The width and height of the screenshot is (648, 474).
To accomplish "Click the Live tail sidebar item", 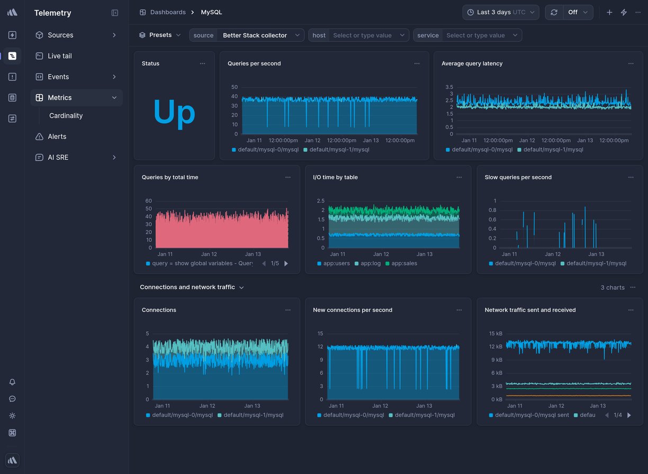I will point(59,56).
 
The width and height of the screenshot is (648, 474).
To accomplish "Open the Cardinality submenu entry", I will point(66,116).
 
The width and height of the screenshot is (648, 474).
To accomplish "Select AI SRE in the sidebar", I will point(58,158).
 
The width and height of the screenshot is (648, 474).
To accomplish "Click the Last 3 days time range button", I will point(500,12).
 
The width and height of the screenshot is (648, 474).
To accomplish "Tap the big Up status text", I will point(174,112).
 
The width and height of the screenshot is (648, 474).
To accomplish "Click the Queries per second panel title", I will point(254,63).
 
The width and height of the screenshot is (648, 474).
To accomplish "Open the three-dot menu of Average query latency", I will point(631,63).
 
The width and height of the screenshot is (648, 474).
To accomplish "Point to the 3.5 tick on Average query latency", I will point(449,87).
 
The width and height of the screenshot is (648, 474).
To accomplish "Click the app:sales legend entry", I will point(404,263).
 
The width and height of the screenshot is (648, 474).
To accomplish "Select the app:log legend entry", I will point(370,263).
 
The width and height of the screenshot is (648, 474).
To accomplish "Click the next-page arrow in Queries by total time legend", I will point(286,263).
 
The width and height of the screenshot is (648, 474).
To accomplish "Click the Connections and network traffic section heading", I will point(187,287).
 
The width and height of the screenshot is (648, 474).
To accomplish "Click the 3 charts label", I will point(612,288).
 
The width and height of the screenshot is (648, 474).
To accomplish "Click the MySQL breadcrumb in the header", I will point(211,12).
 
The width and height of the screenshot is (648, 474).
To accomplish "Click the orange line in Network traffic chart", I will point(566,395).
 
